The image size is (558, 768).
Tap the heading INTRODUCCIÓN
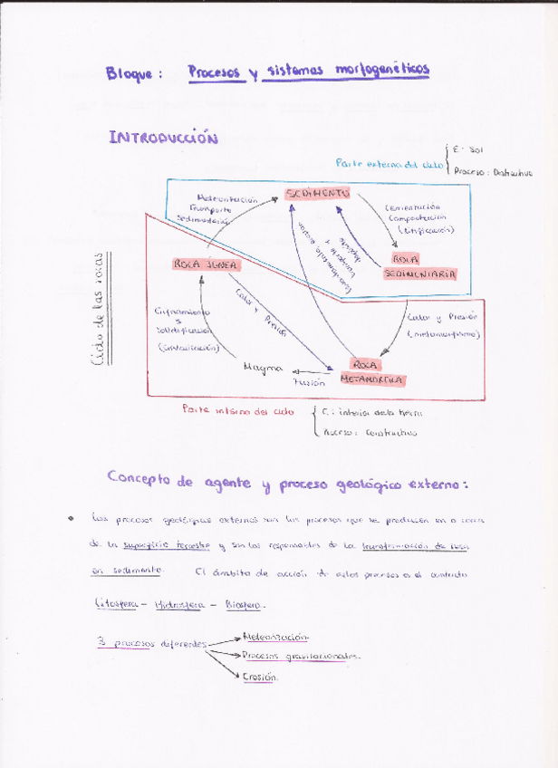164,138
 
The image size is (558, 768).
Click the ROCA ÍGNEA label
206,264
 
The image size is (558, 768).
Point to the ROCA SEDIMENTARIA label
418,265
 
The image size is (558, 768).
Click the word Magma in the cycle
263,369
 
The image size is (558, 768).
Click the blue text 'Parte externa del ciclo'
390,164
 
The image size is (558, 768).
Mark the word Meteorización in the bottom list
276,638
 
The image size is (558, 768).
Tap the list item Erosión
260,677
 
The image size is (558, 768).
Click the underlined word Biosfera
244,604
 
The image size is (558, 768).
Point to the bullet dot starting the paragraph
71,519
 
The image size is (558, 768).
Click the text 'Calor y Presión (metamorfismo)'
444,325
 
